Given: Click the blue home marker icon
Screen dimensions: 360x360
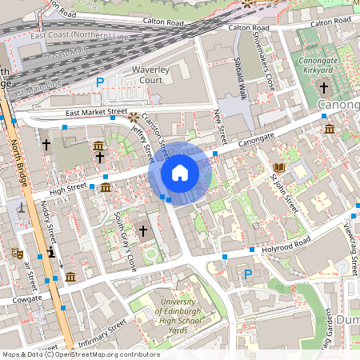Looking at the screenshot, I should (180, 173).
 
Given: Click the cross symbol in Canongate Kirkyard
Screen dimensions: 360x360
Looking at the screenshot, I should (324, 87).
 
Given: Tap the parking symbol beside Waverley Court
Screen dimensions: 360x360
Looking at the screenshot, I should (101, 82).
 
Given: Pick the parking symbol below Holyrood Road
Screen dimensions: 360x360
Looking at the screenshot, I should (247, 274).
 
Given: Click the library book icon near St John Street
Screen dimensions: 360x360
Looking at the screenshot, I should (278, 167).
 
